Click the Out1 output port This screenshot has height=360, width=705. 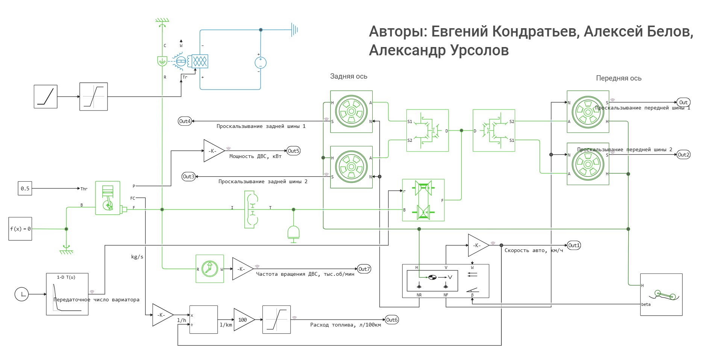[x=574, y=245]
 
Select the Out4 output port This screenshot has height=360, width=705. [x=185, y=121]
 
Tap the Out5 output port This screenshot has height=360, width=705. [x=293, y=151]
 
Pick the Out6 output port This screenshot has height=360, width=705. [x=392, y=320]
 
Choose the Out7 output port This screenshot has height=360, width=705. [x=364, y=269]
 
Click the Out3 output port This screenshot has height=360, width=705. [x=188, y=176]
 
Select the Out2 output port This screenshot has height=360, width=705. [x=683, y=155]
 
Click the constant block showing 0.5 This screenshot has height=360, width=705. [x=25, y=188]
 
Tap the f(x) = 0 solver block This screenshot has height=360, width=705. [x=20, y=229]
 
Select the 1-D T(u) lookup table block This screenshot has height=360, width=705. [x=67, y=294]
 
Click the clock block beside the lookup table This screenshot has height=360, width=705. [x=22, y=294]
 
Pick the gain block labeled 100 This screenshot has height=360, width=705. [x=243, y=320]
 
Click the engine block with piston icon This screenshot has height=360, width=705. [x=108, y=198]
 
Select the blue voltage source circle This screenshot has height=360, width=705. [x=261, y=62]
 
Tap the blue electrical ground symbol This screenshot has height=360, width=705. [x=294, y=29]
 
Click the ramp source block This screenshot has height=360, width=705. [x=45, y=97]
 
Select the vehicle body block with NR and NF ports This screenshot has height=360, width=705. [x=446, y=281]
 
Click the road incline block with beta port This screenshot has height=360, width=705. [x=661, y=294]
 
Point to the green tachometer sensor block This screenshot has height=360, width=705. [x=210, y=269]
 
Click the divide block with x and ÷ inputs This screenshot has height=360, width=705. [x=203, y=320]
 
